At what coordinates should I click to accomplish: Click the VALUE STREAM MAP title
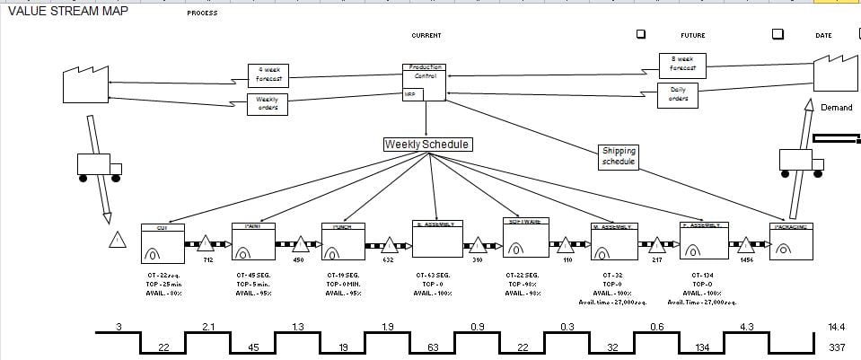pos(67,11)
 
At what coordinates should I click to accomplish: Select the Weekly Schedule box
pos(426,145)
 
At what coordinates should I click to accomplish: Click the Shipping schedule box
pos(619,157)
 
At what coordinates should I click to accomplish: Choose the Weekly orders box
pos(267,104)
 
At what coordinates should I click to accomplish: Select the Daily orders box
pos(679,94)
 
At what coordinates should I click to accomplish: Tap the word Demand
pos(837,108)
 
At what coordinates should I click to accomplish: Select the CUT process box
pos(163,242)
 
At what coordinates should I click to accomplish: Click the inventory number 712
pos(207,260)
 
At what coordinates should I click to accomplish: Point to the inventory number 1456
pos(746,260)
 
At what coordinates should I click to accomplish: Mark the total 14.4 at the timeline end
pos(837,328)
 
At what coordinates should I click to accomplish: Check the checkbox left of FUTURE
pos(641,34)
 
